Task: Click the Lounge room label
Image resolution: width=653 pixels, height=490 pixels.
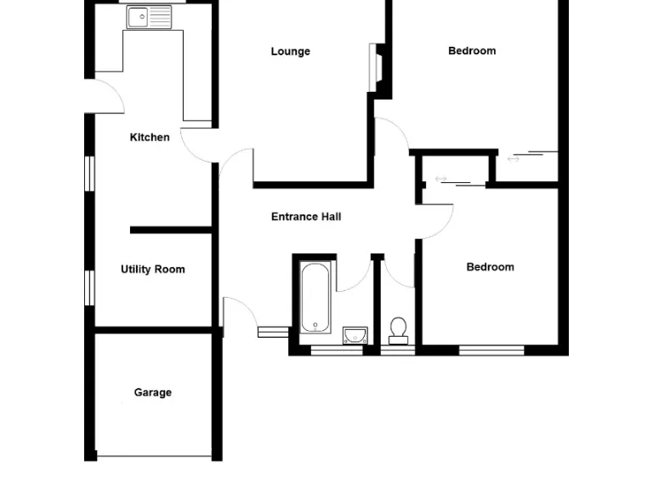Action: click(290, 51)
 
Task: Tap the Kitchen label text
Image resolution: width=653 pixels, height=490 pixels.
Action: click(150, 137)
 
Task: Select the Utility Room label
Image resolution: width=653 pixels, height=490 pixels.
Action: click(152, 270)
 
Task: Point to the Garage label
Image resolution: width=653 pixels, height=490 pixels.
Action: click(152, 392)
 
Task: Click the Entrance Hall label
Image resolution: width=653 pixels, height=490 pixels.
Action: click(306, 217)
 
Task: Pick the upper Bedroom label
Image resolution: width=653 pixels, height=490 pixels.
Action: click(472, 51)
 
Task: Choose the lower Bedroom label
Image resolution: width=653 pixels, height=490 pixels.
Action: click(490, 267)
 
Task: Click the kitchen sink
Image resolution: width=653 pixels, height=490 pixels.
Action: click(149, 16)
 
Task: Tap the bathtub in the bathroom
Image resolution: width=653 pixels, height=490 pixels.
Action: click(315, 297)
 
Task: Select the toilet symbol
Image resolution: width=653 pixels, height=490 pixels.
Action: click(398, 329)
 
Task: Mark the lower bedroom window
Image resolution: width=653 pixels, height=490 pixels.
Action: click(491, 349)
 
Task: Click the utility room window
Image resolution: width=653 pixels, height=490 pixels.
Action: click(88, 287)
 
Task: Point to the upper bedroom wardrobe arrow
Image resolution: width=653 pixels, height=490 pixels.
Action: click(514, 158)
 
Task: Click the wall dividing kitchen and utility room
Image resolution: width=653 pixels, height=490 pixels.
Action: click(170, 230)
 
